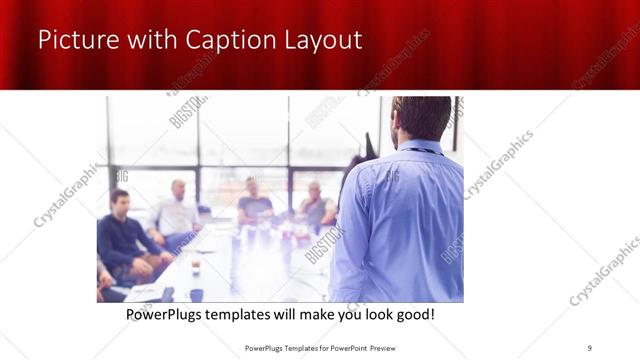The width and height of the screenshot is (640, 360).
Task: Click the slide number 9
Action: click(590, 347)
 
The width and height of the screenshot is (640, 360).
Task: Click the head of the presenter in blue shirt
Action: click(422, 118)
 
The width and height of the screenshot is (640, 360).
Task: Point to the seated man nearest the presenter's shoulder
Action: click(315, 206)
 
